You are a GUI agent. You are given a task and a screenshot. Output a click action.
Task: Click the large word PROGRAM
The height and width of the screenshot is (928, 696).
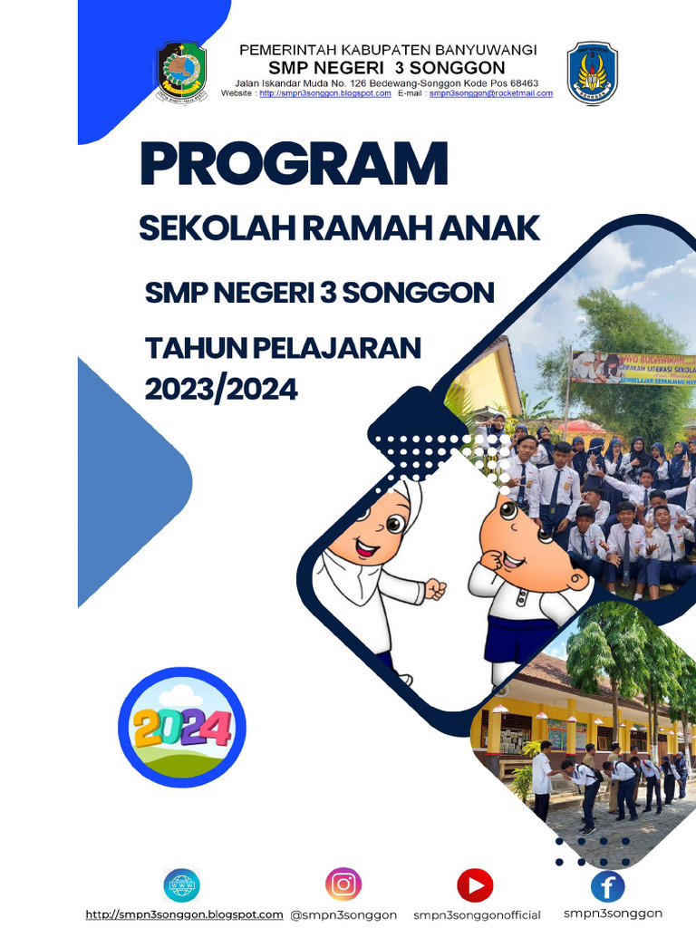[294, 165]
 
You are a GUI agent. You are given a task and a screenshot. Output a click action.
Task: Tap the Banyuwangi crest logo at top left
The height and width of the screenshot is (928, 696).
[181, 72]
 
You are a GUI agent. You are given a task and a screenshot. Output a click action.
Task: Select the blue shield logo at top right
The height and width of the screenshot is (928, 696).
[593, 72]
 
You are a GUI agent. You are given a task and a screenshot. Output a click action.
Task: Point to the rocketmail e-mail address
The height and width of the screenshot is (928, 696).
[491, 93]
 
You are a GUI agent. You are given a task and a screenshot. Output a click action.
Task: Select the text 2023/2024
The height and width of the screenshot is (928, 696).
[221, 389]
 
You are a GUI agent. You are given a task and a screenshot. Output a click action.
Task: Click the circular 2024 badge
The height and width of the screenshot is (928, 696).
[182, 727]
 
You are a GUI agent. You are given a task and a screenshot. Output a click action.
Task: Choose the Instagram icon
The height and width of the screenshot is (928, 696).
[343, 884]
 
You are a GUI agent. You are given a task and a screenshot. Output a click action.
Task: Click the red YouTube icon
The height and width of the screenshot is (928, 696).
[475, 884]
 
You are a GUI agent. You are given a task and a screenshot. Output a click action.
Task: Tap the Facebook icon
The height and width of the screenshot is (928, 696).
[607, 885]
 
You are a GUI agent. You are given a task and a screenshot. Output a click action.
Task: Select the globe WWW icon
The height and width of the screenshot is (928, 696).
[182, 884]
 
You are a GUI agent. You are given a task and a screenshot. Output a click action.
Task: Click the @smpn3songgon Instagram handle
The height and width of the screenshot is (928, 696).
[343, 914]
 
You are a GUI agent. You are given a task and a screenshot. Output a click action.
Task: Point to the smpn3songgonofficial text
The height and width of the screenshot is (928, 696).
[477, 914]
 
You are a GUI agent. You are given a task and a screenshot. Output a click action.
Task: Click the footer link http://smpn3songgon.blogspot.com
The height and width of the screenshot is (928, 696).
[184, 914]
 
